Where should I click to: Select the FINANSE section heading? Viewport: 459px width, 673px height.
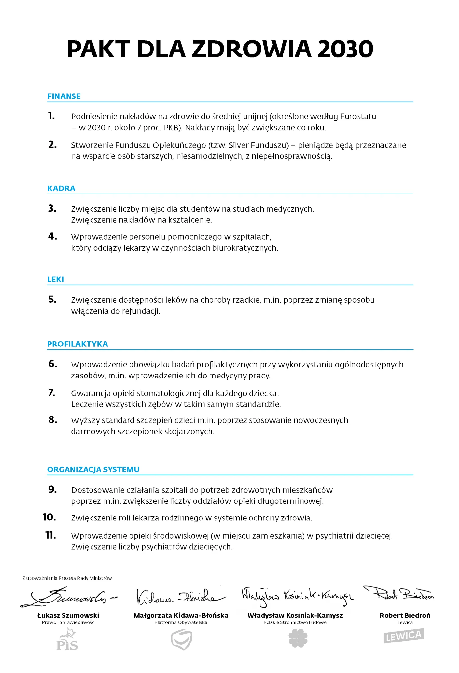tap(64, 96)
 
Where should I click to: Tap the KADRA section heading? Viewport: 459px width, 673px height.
tap(61, 188)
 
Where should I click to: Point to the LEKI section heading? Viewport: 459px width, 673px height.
tap(56, 279)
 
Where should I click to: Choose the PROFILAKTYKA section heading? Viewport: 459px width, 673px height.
tap(77, 344)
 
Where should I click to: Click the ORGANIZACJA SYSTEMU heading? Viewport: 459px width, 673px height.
tap(93, 469)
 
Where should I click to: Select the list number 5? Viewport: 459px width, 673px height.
tap(52, 299)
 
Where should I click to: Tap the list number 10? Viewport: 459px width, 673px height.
tap(50, 517)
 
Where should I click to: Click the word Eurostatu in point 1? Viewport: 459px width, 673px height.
tap(358, 116)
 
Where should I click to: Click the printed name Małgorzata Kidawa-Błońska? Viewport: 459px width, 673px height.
tap(181, 615)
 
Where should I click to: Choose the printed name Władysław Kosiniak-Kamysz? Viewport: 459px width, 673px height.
tap(295, 615)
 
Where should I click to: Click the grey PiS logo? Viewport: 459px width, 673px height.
tap(68, 640)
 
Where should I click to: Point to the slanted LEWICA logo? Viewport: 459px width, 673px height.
tap(404, 636)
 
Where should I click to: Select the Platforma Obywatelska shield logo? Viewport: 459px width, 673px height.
tap(182, 639)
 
